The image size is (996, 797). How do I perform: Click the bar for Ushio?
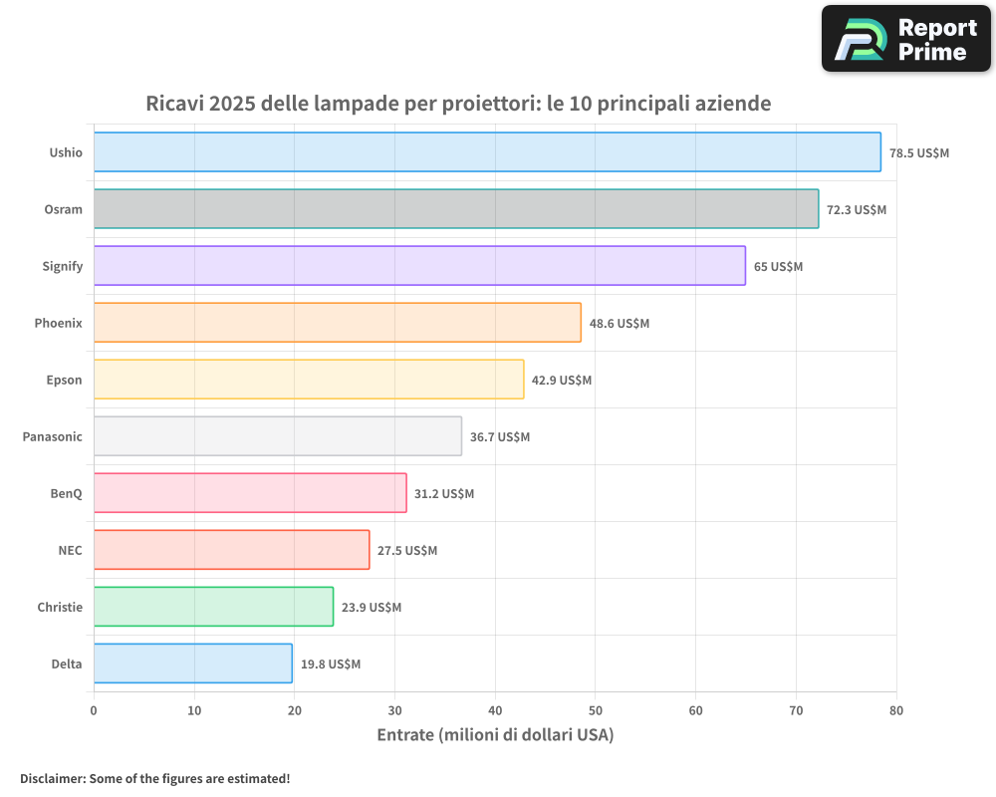pyautogui.click(x=487, y=152)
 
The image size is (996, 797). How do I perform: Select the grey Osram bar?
pyautogui.click(x=456, y=209)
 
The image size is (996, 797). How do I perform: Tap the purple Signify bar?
pyautogui.click(x=419, y=266)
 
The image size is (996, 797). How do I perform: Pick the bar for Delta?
pyautogui.click(x=193, y=664)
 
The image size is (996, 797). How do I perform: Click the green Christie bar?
pyautogui.click(x=213, y=607)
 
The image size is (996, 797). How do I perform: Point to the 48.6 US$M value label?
pyautogui.click(x=619, y=323)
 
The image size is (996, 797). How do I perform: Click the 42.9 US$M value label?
pyautogui.click(x=562, y=380)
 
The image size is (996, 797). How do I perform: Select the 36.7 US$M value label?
pyautogui.click(x=500, y=436)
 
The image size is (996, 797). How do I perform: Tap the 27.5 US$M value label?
pyautogui.click(x=406, y=550)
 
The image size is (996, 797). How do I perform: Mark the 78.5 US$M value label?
pyautogui.click(x=919, y=152)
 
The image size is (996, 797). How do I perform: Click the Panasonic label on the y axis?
pyautogui.click(x=52, y=436)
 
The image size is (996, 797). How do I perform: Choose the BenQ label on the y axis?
pyautogui.click(x=66, y=493)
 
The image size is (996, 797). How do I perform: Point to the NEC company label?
pyautogui.click(x=70, y=550)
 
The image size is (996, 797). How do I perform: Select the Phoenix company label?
pyautogui.click(x=58, y=323)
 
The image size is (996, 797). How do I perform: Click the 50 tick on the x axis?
pyautogui.click(x=595, y=710)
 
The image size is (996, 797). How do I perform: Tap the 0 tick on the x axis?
pyautogui.click(x=94, y=710)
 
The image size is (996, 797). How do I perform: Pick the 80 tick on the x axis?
pyautogui.click(x=895, y=710)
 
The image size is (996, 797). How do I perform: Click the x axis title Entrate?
pyautogui.click(x=495, y=735)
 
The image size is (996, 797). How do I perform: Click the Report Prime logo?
pyautogui.click(x=906, y=39)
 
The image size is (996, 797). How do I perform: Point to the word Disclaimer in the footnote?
pyautogui.click(x=52, y=778)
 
